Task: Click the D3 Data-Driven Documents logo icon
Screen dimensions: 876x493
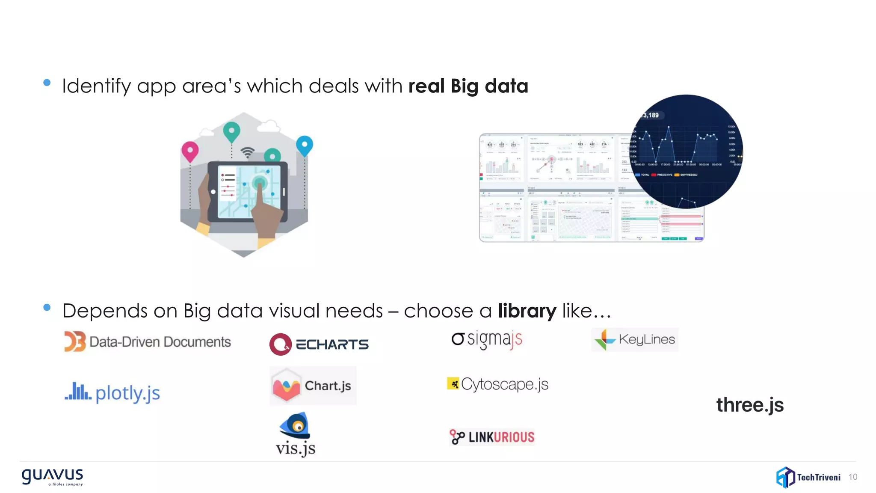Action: click(x=75, y=342)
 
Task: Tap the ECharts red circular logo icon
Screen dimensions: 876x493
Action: click(x=280, y=344)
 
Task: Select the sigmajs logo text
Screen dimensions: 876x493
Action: click(x=494, y=339)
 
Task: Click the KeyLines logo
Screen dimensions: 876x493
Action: click(x=635, y=340)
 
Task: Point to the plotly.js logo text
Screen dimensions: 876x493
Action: click(x=127, y=393)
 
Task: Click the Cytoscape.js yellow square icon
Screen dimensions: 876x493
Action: click(x=453, y=383)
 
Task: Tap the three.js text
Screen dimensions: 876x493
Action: click(x=750, y=405)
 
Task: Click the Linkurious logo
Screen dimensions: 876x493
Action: click(x=492, y=437)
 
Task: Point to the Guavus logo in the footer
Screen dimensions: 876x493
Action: click(x=52, y=476)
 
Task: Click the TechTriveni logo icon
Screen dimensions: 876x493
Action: click(x=785, y=477)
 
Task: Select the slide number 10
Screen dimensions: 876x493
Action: click(x=852, y=477)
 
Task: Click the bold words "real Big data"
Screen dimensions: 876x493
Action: click(x=468, y=86)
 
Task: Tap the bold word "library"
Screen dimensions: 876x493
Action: click(x=527, y=311)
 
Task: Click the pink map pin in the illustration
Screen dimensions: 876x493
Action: click(x=190, y=151)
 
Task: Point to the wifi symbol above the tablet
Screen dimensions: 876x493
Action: click(x=247, y=152)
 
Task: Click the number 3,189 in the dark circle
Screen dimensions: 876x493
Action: click(x=651, y=115)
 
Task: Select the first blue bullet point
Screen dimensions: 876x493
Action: click(x=47, y=83)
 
